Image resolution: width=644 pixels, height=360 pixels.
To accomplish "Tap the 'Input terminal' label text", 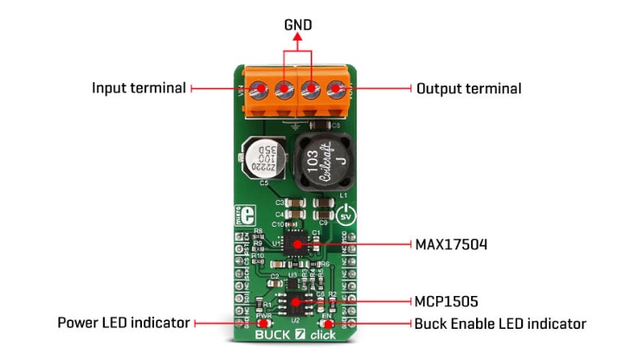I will pos(138,88).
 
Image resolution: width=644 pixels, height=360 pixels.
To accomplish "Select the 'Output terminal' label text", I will pos(468,88).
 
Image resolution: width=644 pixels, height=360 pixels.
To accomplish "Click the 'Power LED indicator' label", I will pos(124,323).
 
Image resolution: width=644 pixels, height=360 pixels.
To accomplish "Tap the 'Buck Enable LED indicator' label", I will pos(500,324).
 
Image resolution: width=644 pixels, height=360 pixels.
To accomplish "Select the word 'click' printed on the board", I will pos(322,333).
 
